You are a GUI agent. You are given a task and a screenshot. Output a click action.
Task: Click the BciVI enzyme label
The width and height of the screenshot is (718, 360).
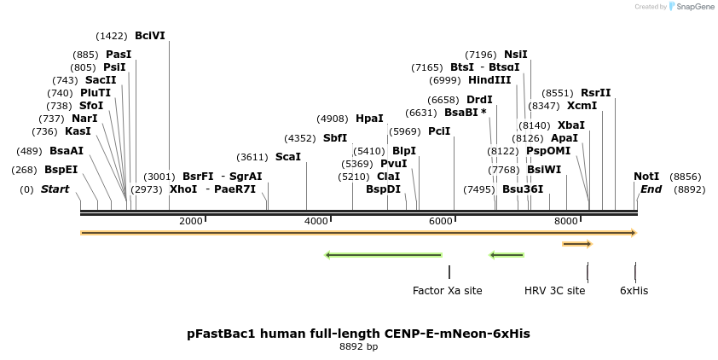point(149,36)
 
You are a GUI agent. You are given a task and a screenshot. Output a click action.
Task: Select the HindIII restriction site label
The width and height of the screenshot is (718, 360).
point(489,80)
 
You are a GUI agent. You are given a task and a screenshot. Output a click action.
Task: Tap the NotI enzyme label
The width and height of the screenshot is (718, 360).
point(646,177)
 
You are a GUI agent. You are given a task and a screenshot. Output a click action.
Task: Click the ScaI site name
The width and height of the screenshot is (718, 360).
point(287,157)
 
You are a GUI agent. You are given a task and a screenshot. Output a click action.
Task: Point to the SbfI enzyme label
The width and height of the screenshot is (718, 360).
point(335,137)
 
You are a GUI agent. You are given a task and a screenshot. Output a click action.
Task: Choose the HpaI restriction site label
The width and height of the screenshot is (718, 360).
point(369,119)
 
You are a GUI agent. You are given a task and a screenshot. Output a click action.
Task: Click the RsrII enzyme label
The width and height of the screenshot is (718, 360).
point(595,93)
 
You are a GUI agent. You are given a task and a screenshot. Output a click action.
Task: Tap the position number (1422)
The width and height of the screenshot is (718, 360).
point(112,36)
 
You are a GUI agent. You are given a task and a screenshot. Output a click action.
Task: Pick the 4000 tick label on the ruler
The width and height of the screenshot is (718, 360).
point(316,221)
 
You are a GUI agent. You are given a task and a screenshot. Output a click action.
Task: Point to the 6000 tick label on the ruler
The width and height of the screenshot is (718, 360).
point(441,221)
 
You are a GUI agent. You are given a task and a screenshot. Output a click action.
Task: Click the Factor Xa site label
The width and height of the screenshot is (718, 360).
point(447,291)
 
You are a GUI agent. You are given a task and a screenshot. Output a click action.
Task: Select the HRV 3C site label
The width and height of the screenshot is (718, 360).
point(554,291)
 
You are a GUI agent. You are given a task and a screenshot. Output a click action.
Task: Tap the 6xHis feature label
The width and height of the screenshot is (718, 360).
point(634,291)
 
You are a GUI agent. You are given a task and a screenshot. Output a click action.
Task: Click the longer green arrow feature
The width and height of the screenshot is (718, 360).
point(384,254)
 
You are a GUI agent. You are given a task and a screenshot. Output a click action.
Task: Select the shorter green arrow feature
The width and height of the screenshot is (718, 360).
point(507,254)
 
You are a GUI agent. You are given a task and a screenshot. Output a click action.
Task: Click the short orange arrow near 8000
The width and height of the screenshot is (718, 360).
point(576,244)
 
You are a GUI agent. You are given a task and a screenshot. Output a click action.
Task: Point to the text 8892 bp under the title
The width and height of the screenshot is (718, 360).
point(358,346)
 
